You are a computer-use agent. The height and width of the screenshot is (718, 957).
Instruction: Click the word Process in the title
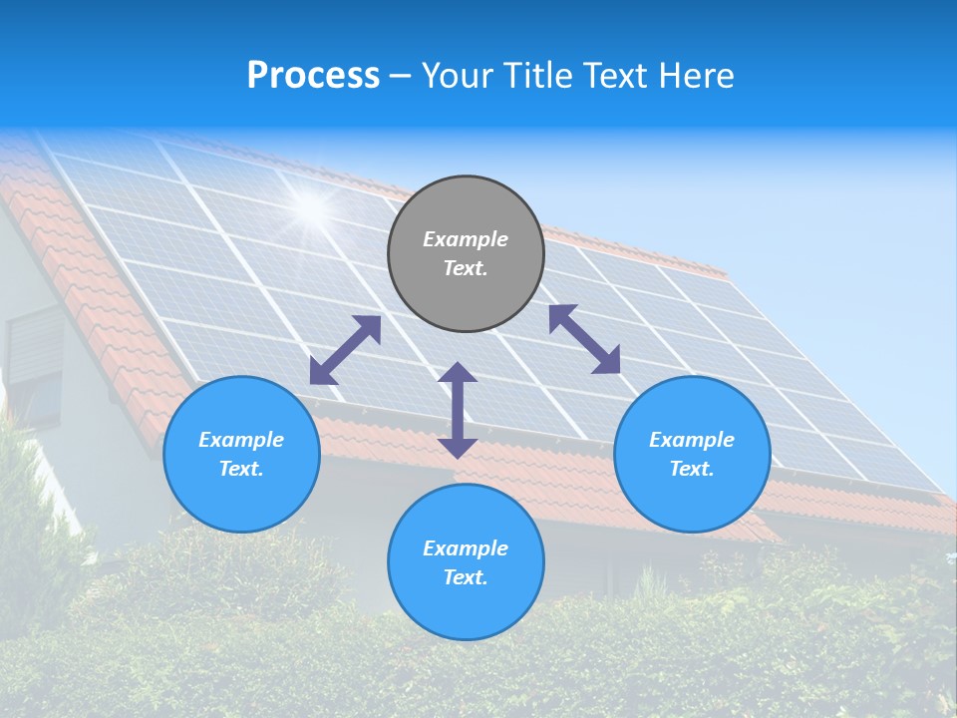point(313,76)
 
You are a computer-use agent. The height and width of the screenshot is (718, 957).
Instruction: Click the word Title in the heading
point(538,76)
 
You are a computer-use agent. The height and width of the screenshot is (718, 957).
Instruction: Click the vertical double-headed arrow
point(458,410)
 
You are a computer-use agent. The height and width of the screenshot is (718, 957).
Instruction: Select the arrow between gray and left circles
point(345,350)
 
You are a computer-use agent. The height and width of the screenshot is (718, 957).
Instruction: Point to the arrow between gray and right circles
point(584,339)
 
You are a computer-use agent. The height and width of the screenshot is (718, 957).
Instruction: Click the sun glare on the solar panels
point(312,206)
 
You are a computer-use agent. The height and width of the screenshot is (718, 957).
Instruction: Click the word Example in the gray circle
point(466,239)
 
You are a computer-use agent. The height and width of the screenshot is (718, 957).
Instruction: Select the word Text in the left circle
point(241,469)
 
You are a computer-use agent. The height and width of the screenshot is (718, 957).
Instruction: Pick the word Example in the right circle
point(692,440)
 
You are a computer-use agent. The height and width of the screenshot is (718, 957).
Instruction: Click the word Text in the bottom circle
point(466,577)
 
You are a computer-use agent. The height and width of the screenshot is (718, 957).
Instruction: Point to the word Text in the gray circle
point(466,268)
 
